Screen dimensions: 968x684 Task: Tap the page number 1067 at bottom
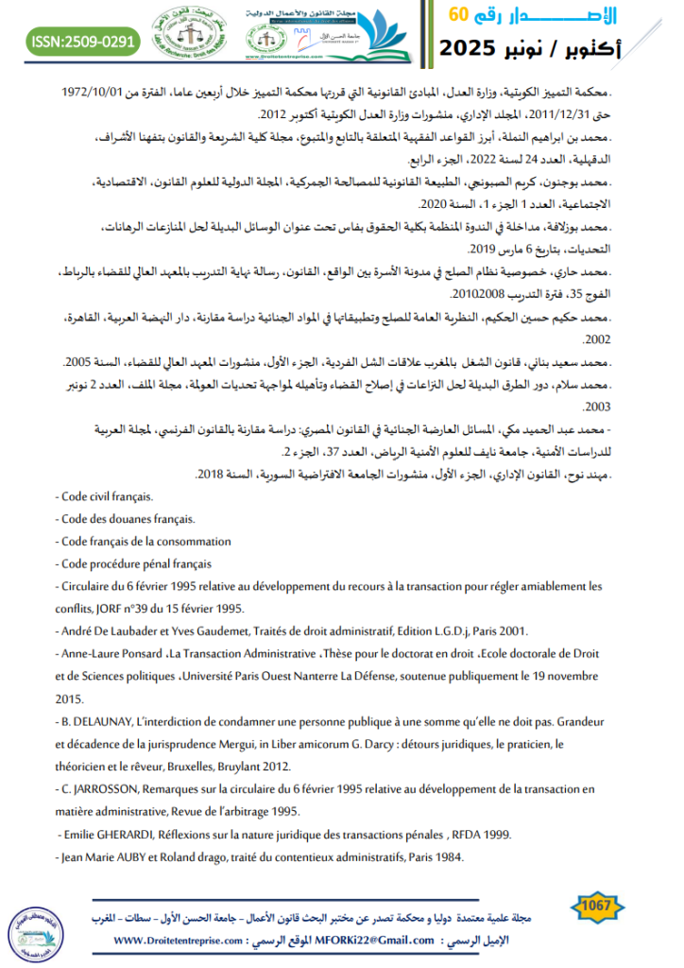[598, 905]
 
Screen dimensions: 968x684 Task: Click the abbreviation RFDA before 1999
[469, 834]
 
